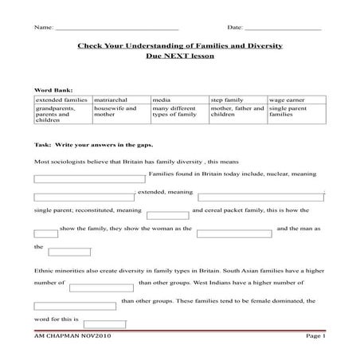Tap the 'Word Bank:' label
[52, 91]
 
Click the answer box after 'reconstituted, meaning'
[168, 214]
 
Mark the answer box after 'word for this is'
[104, 324]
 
